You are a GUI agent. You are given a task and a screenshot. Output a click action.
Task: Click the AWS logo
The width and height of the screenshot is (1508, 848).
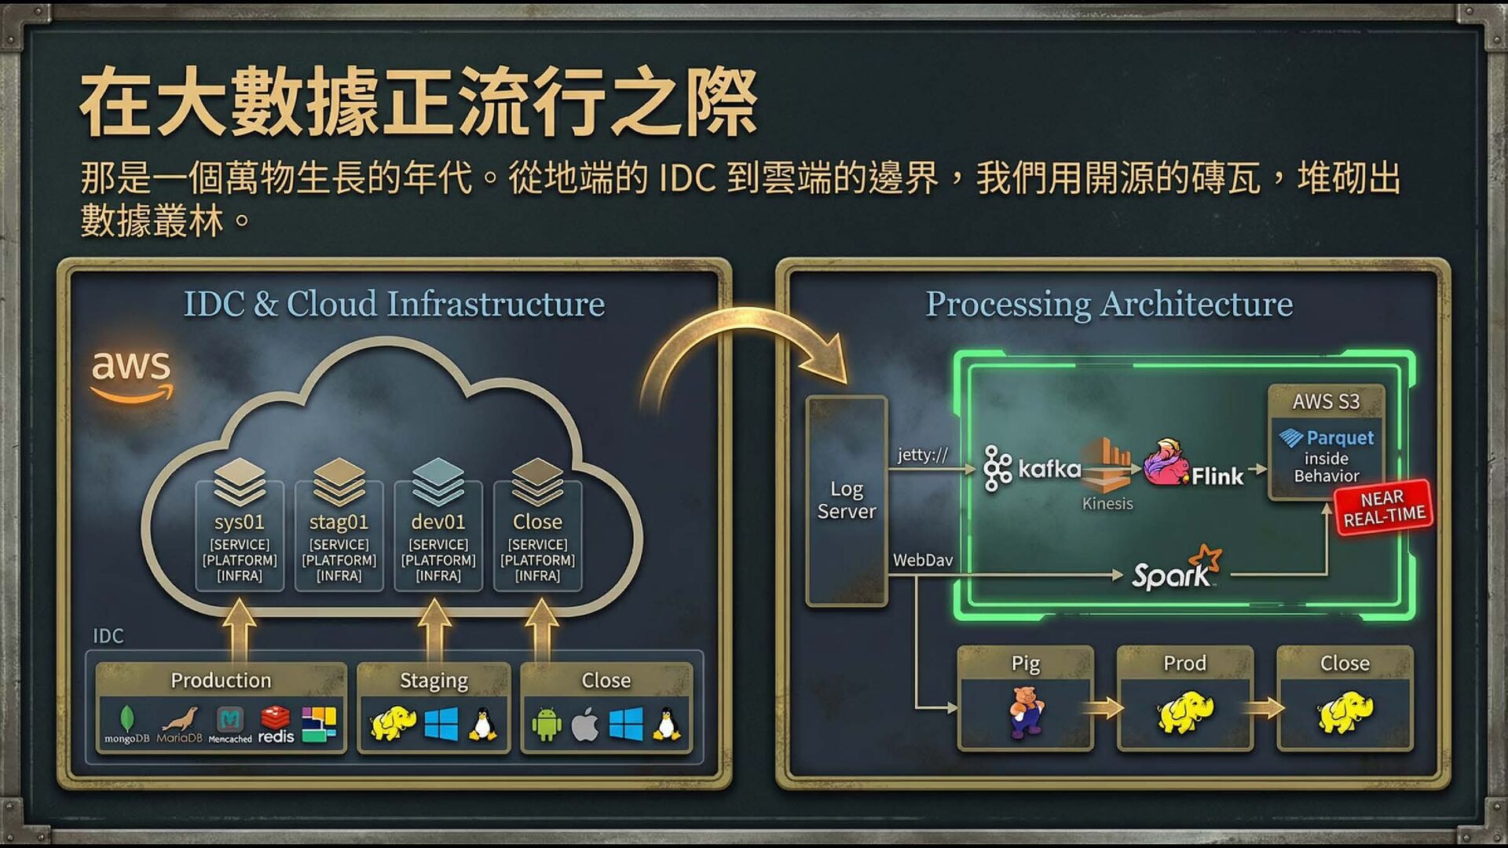pos(131,375)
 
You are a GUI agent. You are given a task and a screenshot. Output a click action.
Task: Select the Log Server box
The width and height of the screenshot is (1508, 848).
pos(846,500)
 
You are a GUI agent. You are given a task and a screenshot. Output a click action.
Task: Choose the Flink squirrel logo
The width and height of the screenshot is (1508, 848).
pos(1166,462)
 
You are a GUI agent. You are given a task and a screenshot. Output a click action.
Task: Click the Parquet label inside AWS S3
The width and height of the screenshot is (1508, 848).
pos(1327,437)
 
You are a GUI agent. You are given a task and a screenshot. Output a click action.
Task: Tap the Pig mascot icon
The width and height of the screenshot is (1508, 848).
pos(1026,711)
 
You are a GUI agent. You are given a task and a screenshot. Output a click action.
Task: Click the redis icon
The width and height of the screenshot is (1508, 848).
pos(276,724)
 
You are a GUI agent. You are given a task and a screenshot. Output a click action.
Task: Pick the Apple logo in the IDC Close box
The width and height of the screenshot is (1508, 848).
pos(585,724)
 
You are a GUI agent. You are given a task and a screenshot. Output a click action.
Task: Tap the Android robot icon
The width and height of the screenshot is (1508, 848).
pos(547,724)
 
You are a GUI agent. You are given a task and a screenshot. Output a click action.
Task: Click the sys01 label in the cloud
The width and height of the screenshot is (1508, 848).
pos(239,521)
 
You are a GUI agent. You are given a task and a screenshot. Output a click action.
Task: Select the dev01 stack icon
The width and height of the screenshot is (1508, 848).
pos(438,481)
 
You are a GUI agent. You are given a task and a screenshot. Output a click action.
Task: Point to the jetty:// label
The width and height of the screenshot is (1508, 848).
pos(923,455)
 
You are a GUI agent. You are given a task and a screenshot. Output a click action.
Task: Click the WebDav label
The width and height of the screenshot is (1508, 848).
pos(923,560)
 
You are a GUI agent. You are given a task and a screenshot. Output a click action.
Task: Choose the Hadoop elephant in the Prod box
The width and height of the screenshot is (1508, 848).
pos(1184,711)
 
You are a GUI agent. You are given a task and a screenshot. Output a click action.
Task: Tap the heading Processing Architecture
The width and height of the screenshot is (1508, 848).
pos(1109,304)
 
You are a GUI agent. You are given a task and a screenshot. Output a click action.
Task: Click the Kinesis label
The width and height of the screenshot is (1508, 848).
pos(1107,503)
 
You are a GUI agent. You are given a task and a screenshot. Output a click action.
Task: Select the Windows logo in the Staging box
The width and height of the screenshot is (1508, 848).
pos(441,724)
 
